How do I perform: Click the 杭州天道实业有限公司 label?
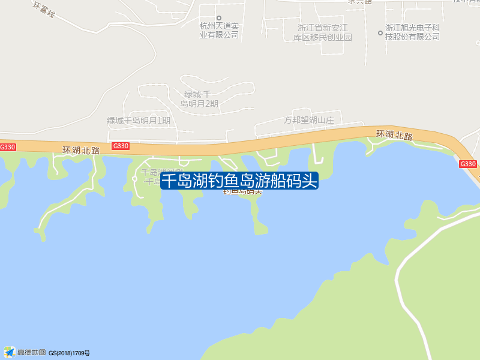[219, 31]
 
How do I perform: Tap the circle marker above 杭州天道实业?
[219, 18]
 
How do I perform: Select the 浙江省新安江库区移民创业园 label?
[323, 32]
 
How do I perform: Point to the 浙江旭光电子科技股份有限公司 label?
[413, 32]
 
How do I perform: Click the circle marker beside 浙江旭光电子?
[380, 32]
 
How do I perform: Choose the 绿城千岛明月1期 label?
[139, 121]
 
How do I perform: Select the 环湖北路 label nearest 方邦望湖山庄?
[395, 136]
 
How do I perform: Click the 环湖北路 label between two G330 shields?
[80, 150]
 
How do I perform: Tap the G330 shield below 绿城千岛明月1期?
[121, 146]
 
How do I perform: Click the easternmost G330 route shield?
[468, 164]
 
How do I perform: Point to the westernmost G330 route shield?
[7, 147]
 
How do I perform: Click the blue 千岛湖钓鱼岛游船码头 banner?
[239, 181]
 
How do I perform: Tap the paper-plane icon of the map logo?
[9, 352]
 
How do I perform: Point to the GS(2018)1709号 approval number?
[70, 353]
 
